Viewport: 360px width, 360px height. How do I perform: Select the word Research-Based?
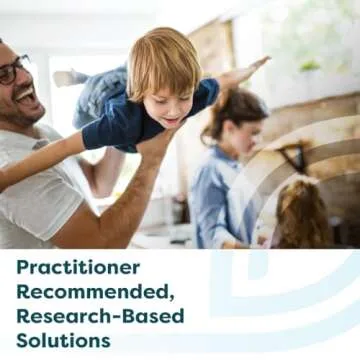(100, 316)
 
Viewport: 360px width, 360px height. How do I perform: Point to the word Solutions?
(62, 339)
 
